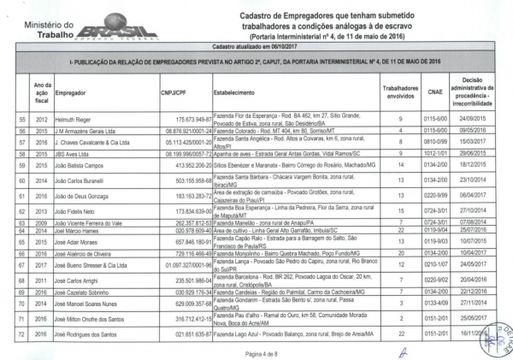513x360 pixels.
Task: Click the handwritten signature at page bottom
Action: (404, 350)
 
